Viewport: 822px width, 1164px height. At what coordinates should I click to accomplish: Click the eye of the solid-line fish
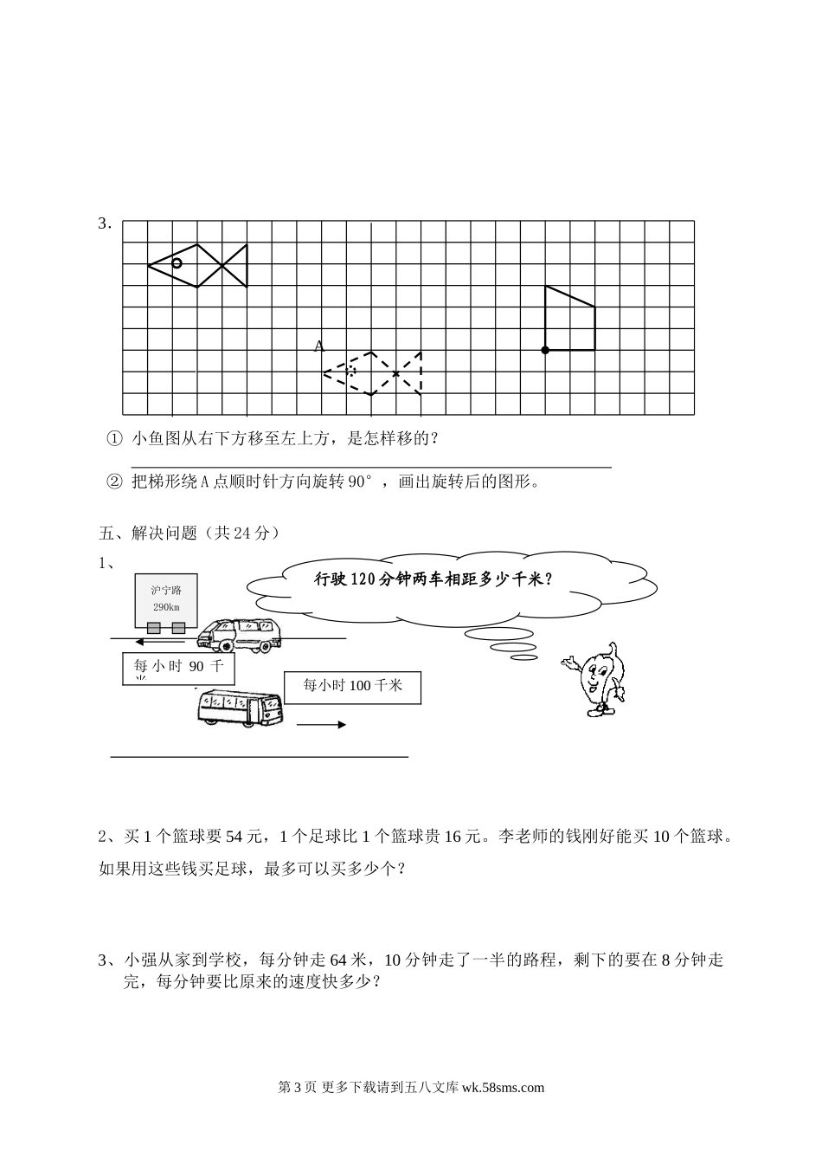[177, 262]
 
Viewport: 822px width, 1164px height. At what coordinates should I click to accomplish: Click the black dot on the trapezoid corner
[545, 350]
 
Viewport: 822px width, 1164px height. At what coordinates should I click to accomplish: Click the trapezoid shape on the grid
[568, 321]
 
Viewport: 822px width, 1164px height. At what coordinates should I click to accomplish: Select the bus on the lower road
[238, 706]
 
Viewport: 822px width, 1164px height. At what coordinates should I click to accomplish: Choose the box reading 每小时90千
[178, 667]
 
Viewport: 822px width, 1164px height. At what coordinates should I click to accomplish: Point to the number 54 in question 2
[234, 837]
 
